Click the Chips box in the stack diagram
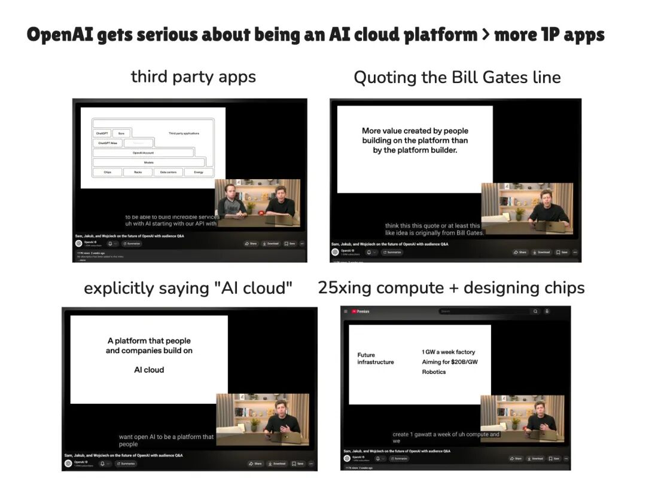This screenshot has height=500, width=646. [107, 172]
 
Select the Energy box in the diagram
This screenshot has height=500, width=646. [199, 172]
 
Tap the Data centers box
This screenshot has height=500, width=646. [168, 172]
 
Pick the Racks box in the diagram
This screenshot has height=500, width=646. [138, 172]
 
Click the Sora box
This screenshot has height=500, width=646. [121, 133]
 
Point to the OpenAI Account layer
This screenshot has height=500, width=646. [143, 153]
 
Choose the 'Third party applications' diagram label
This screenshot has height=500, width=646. [184, 133]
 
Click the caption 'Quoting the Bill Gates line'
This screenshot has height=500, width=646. [457, 78]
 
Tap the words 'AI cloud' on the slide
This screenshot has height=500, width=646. [149, 370]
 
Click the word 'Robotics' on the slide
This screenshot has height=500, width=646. [434, 372]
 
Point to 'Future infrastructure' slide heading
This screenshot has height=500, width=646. [375, 358]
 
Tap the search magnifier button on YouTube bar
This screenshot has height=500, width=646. [535, 311]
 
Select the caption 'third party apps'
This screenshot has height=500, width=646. [193, 77]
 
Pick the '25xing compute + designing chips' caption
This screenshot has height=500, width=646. [451, 288]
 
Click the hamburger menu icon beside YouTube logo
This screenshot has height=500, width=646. [346, 311]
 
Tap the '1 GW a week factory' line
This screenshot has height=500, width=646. [448, 352]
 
